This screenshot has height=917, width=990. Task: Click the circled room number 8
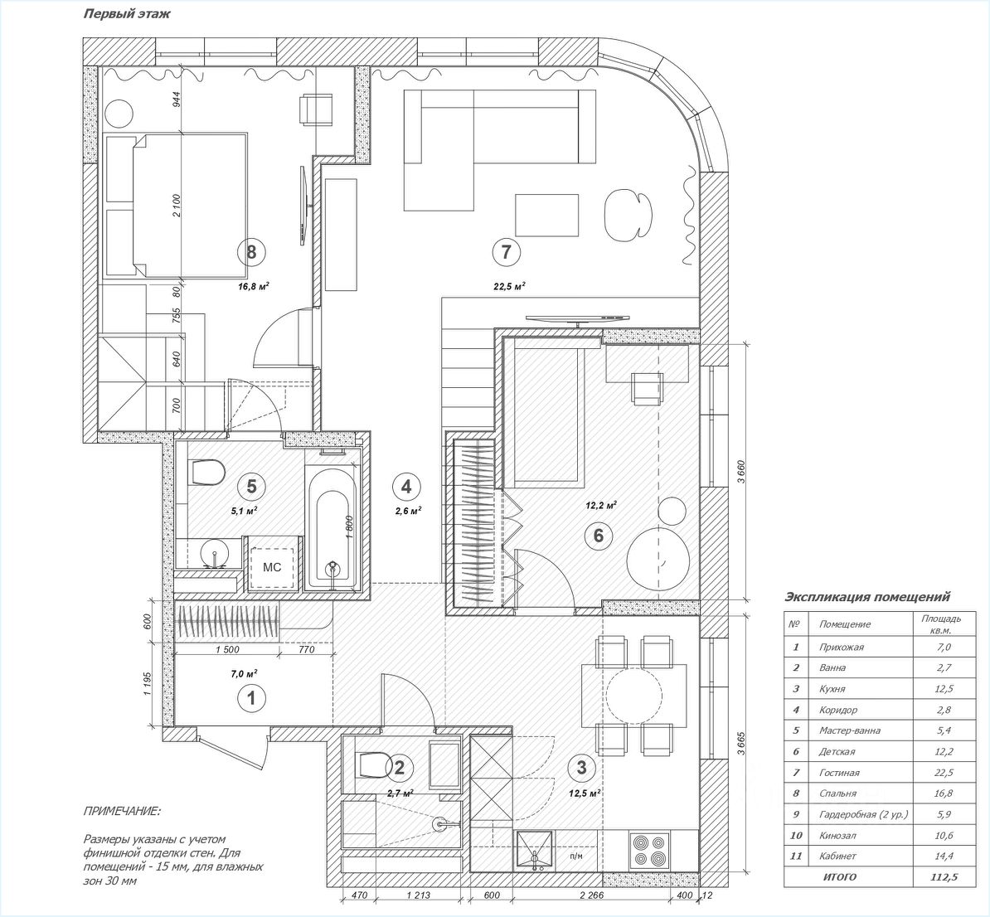(251, 251)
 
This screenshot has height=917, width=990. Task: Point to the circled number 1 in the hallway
(251, 699)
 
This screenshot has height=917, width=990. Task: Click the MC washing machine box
(272, 568)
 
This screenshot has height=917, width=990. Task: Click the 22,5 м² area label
(509, 287)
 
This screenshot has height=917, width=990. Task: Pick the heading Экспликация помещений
(866, 597)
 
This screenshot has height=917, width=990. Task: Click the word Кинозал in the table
(837, 836)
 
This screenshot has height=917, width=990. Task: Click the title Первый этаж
(127, 14)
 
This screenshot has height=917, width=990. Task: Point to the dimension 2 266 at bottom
(590, 895)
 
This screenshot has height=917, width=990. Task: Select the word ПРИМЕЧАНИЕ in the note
(122, 811)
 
